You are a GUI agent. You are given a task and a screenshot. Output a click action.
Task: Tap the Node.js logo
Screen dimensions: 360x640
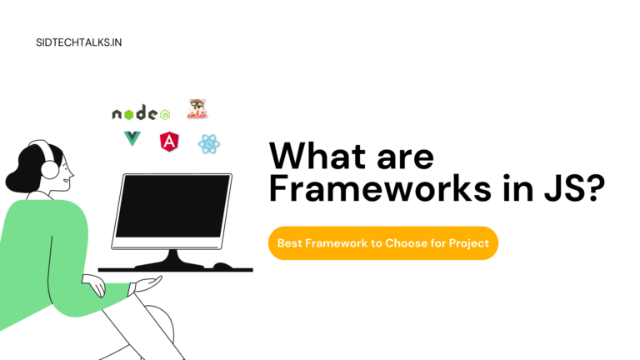[141, 112]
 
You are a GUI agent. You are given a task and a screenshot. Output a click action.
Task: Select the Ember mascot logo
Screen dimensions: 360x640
[197, 108]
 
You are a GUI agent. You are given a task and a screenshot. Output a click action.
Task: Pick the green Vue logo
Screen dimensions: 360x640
[132, 139]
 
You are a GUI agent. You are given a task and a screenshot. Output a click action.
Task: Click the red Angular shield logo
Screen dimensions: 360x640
[169, 142]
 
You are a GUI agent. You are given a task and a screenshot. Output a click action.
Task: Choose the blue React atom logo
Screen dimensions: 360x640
[208, 144]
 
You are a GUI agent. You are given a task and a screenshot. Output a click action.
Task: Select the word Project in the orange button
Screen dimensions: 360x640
[469, 243]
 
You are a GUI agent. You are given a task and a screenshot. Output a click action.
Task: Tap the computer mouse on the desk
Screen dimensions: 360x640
[222, 267]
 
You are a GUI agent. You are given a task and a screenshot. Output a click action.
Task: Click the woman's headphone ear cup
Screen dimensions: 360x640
[49, 171]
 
